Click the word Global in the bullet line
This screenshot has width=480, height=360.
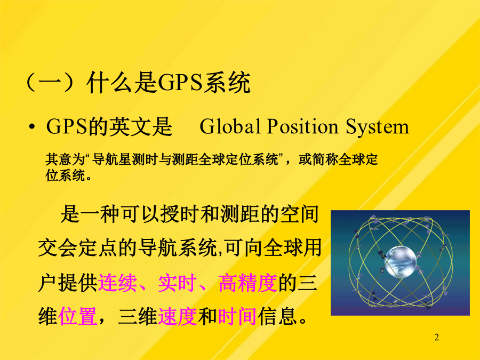pos(230,126)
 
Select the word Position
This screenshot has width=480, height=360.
pos(302,126)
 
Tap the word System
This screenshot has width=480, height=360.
pos(378,127)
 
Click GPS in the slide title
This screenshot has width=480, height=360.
pos(180,82)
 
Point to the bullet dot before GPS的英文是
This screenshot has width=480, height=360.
pos(31,126)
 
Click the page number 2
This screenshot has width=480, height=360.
pos(436,338)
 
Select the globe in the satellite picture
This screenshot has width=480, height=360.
pos(401,262)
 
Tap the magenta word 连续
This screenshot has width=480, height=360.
pos(117,282)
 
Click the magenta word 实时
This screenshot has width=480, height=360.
pos(178,282)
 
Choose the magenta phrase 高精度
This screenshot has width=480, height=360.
pos(247,282)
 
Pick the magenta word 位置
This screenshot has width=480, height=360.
pos(77,316)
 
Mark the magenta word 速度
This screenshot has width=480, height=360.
pos(178,316)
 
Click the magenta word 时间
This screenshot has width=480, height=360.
pos(237,316)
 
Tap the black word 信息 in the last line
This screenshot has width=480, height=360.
pos(277,316)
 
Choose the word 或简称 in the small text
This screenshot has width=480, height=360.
pos(318,159)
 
